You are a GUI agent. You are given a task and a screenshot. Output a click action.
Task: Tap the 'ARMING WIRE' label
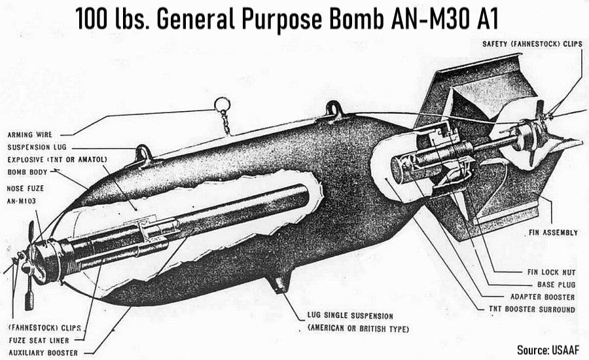[x=29, y=134]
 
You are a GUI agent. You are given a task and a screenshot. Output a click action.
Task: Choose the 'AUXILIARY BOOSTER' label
[x=43, y=353]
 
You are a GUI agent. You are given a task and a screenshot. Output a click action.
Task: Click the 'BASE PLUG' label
[x=556, y=285]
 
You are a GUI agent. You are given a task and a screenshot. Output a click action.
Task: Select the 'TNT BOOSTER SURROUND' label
[x=533, y=310]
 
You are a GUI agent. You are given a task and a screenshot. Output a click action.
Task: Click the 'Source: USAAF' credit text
[x=548, y=349]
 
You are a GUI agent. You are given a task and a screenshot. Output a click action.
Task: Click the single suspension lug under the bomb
[x=279, y=283]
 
